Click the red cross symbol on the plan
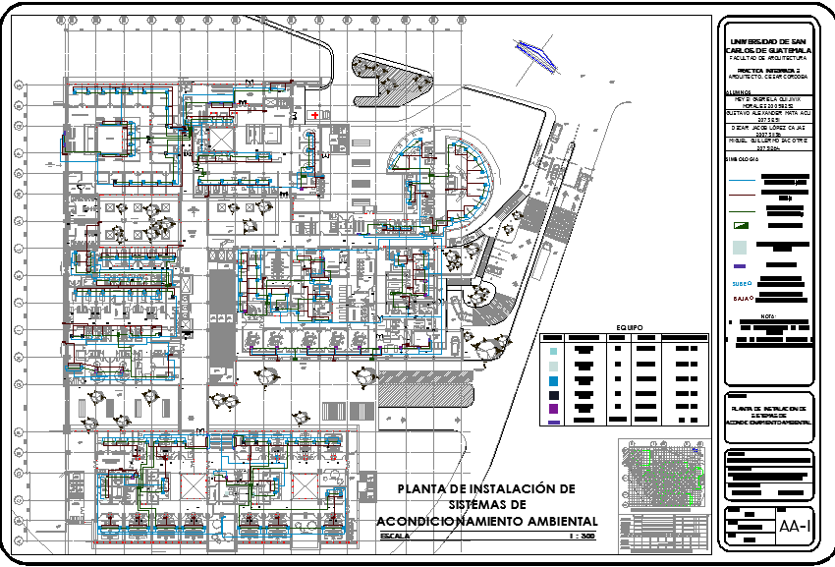314,115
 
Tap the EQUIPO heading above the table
629,327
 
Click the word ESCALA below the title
396,538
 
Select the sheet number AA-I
795,527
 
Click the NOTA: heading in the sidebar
768,316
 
